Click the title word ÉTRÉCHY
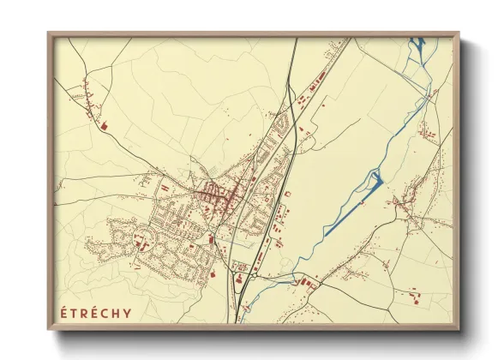pos(96,312)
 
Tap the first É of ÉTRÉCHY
pos(64,312)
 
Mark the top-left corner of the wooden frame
pos(48,33)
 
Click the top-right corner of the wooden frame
pos(459,33)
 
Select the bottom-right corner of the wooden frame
pos(459,331)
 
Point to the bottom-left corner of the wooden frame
pos(48,331)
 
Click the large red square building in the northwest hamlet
pos(103,126)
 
